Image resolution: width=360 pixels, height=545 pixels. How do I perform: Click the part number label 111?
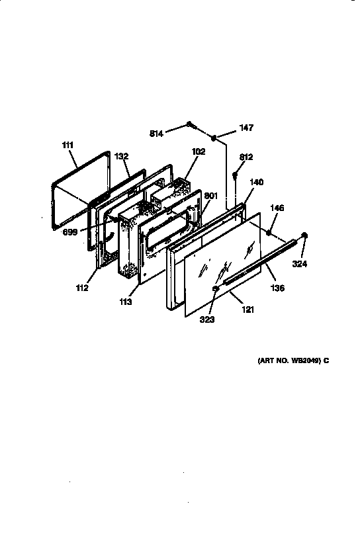[69, 145]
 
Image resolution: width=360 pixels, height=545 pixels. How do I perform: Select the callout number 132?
[121, 157]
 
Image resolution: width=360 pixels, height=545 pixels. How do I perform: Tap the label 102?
[198, 151]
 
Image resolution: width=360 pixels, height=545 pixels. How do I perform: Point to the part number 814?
[156, 134]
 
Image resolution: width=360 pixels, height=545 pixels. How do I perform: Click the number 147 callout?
[246, 128]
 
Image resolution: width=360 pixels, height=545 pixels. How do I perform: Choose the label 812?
[246, 157]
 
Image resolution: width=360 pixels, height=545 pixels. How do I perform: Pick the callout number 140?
[256, 182]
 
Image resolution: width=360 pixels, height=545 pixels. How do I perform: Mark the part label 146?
[277, 208]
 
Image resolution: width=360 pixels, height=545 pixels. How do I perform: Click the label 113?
[126, 302]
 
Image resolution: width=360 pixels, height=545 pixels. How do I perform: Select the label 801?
[211, 196]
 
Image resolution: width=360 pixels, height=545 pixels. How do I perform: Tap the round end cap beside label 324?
[305, 235]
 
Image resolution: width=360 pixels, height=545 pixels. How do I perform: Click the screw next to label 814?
[190, 124]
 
